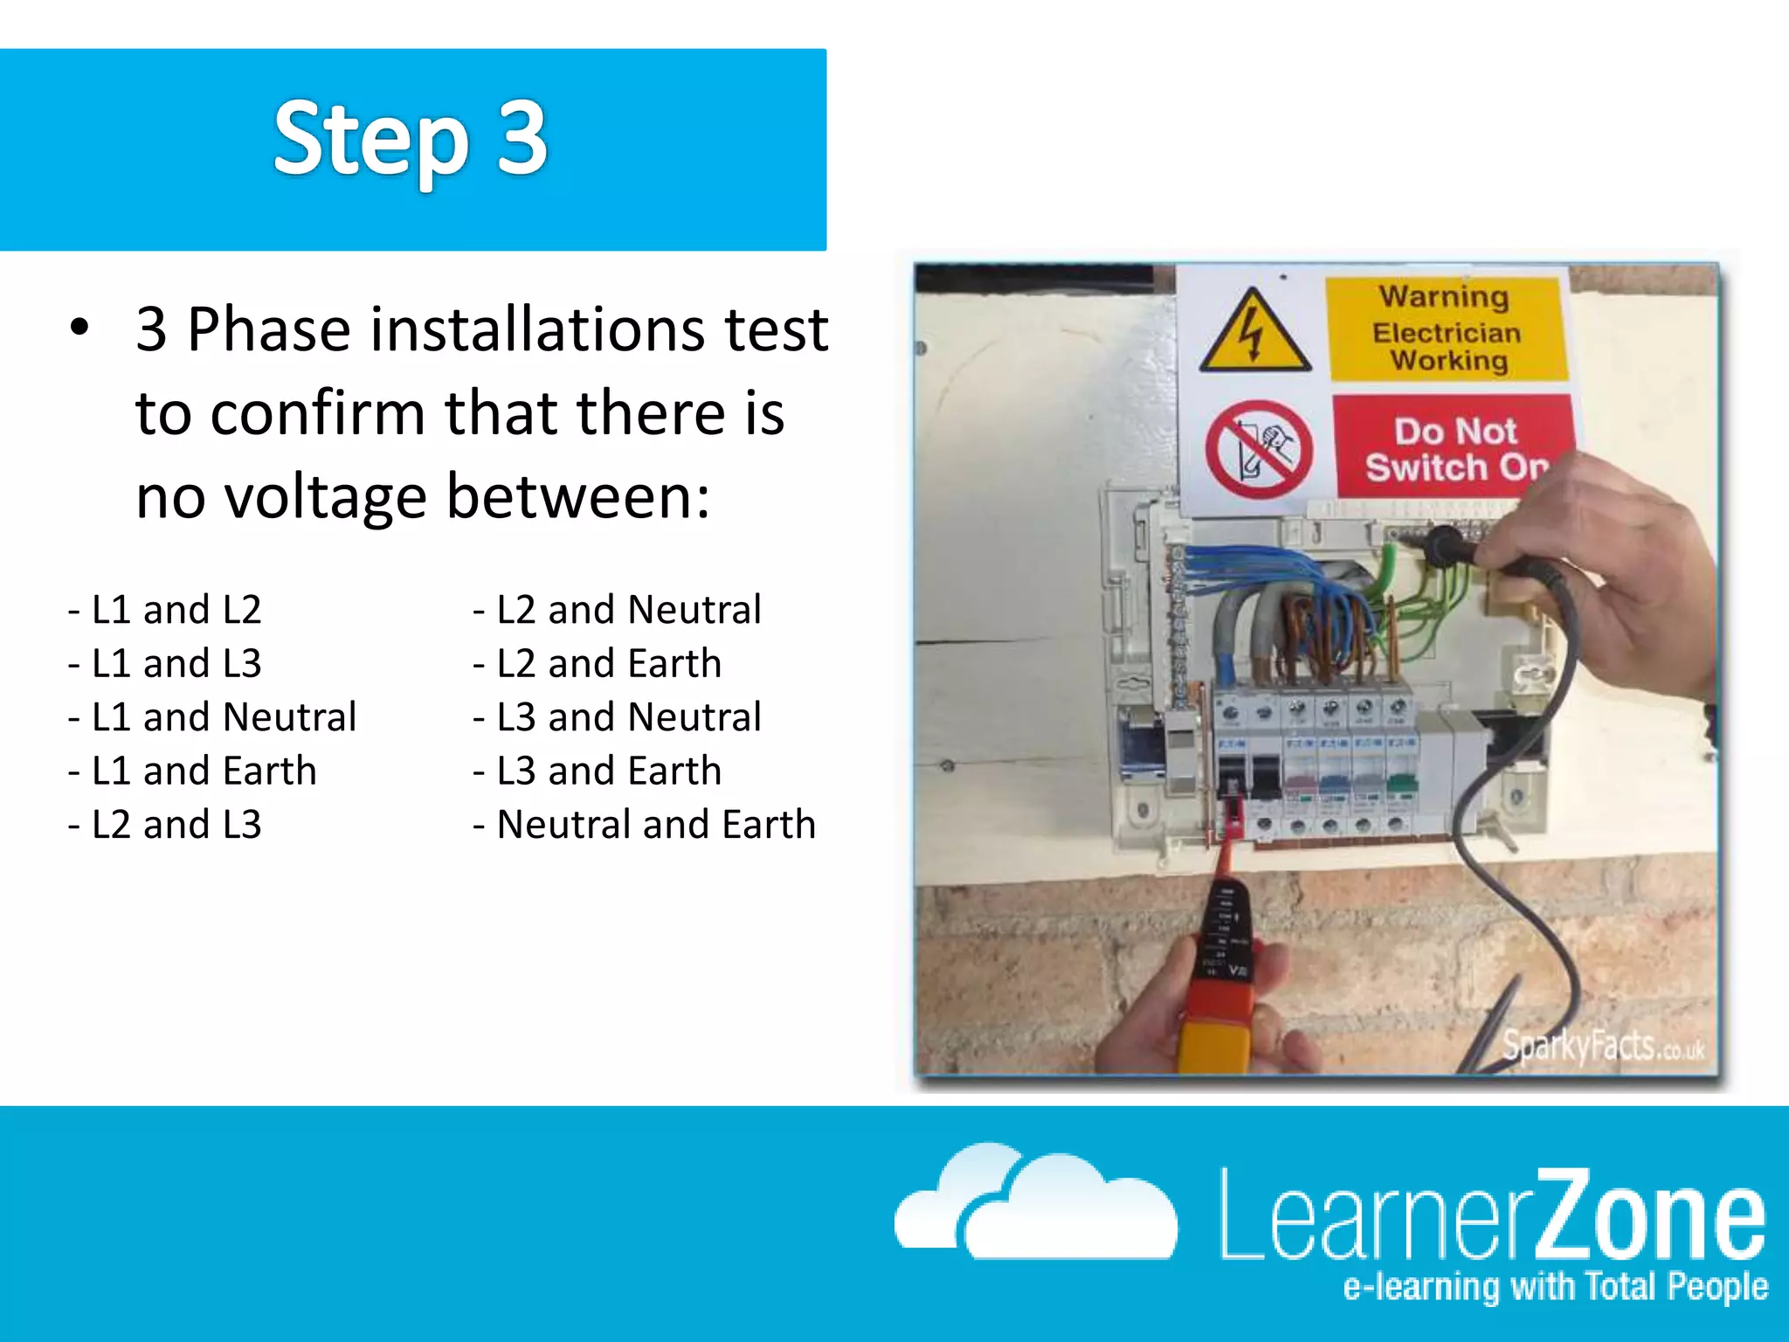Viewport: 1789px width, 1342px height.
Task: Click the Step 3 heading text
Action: pos(411,140)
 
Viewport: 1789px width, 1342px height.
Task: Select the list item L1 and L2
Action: pos(165,610)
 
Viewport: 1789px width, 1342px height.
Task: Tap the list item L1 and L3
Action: pos(165,664)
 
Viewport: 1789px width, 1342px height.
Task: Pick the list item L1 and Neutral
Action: pos(212,717)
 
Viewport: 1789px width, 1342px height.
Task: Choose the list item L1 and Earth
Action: pos(192,771)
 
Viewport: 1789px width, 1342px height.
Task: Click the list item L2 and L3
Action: pos(165,825)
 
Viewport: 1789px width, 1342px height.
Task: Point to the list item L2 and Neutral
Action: pos(617,610)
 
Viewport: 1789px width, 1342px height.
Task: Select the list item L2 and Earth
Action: pos(597,664)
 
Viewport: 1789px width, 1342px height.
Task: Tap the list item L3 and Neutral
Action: pos(617,717)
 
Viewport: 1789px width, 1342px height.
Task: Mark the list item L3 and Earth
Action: pos(597,771)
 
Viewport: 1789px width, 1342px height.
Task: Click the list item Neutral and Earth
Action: pos(645,825)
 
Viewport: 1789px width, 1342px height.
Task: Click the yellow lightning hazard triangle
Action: pos(1254,333)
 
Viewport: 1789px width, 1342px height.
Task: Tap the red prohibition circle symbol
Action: pos(1259,449)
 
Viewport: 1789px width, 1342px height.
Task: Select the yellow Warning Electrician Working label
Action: pos(1446,329)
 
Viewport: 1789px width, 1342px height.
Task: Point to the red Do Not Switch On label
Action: pos(1454,448)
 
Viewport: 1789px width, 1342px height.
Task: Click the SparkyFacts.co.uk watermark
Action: pos(1602,1046)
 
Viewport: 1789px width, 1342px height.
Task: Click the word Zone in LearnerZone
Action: pos(1651,1216)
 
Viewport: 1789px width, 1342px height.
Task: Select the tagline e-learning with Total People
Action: pos(1555,1287)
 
